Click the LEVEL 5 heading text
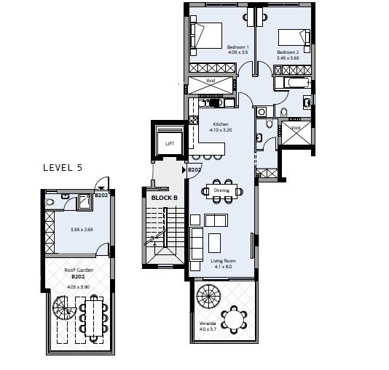coord(62,168)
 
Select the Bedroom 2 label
coord(288,52)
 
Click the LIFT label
coord(168,144)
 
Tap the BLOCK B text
coord(164,197)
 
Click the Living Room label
coord(223,263)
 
